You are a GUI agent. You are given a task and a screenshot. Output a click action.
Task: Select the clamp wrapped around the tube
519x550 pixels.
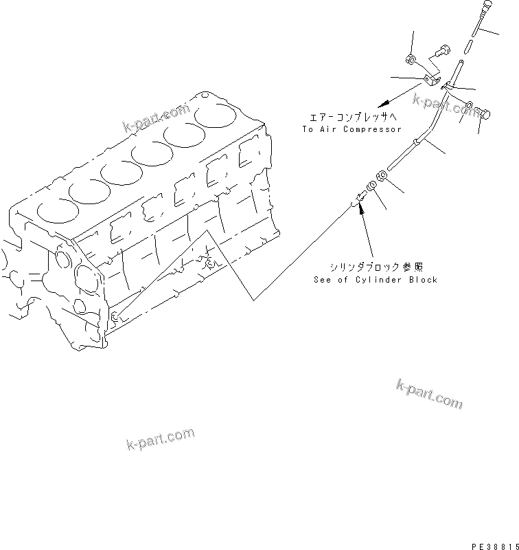pyautogui.click(x=447, y=87)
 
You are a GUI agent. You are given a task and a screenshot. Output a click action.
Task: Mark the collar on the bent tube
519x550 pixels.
pyautogui.click(x=415, y=142)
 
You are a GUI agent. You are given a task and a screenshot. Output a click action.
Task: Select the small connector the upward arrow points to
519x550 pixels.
pyautogui.click(x=358, y=200)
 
